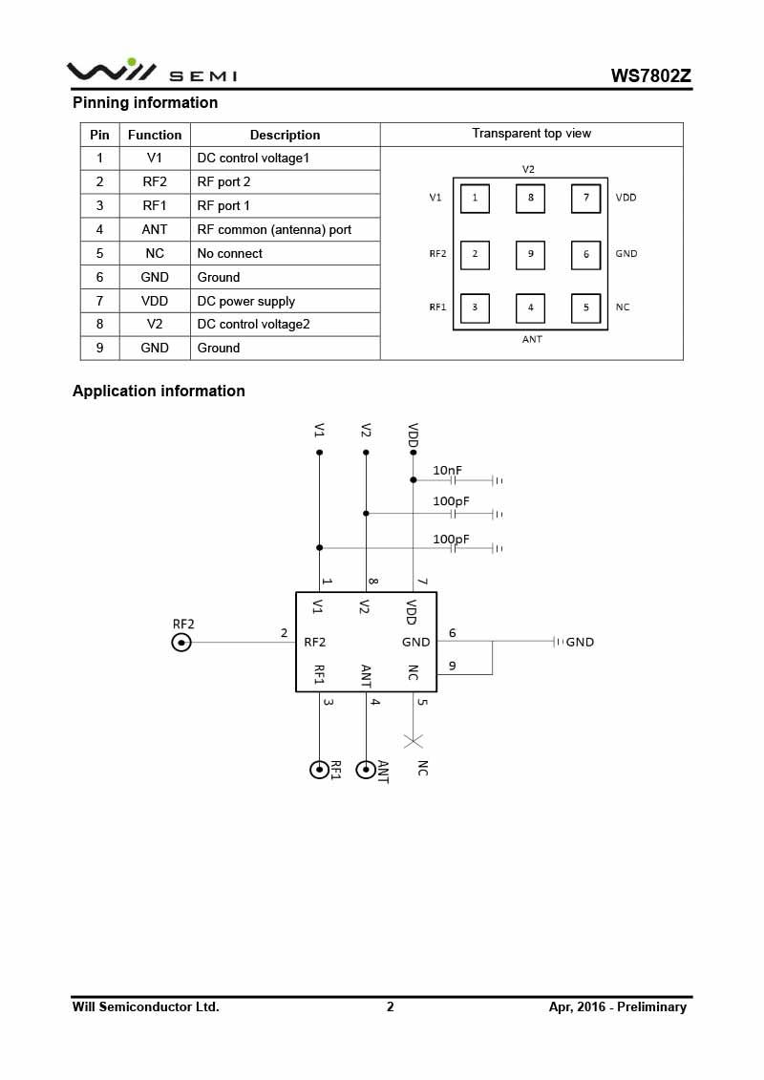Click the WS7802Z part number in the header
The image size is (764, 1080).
[x=651, y=76]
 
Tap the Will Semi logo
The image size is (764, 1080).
[x=151, y=71]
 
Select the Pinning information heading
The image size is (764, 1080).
[x=145, y=102]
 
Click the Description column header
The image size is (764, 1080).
[x=285, y=135]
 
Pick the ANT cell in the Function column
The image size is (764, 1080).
[x=154, y=229]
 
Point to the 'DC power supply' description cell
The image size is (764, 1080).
[x=245, y=301]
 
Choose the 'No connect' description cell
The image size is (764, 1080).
[x=229, y=253]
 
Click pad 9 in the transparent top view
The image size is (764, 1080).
[x=530, y=254]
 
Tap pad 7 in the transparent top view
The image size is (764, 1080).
[x=585, y=199]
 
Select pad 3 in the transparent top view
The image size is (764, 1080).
[x=475, y=307]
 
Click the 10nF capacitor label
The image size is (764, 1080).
[x=448, y=470]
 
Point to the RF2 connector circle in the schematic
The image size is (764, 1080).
[x=181, y=643]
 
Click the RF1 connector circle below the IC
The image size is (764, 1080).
[x=319, y=770]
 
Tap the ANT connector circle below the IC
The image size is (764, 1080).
[x=366, y=770]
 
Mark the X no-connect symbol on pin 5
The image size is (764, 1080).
[x=414, y=740]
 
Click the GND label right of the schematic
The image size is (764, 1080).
[x=580, y=642]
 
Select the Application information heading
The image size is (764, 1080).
[x=159, y=391]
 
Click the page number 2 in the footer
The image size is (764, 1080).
[x=390, y=1006]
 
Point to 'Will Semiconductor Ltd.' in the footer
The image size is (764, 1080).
[x=145, y=1006]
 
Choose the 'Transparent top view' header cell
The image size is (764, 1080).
[x=531, y=134]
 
